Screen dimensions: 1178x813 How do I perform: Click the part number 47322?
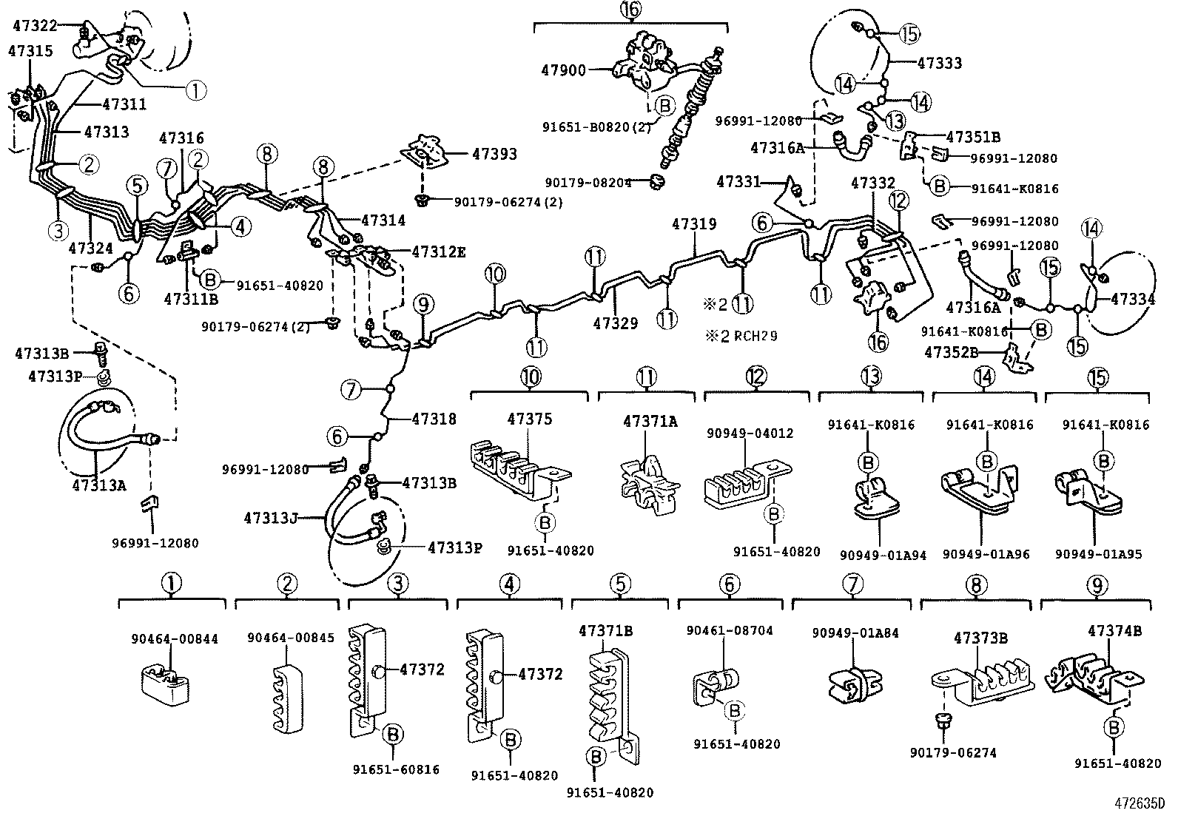point(35,25)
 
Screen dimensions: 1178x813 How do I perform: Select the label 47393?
point(494,154)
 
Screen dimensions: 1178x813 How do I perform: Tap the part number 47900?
point(564,70)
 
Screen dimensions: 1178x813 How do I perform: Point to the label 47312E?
point(439,252)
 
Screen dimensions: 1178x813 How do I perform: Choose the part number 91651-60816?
point(396,769)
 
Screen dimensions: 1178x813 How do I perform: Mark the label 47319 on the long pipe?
point(694,224)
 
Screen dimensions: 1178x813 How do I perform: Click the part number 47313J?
point(271,518)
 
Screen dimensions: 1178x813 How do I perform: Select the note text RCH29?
point(755,336)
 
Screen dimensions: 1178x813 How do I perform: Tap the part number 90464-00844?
point(175,639)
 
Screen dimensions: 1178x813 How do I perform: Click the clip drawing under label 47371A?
point(650,485)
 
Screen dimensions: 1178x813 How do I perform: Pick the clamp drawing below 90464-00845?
point(288,698)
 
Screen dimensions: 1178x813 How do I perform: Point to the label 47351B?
point(974,138)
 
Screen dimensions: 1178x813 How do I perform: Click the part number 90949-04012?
point(750,433)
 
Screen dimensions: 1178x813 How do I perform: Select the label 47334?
point(1133,299)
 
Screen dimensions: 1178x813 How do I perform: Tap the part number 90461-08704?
point(730,630)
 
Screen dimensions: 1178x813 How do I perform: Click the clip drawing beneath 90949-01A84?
point(855,685)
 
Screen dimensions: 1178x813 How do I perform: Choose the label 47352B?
point(952,352)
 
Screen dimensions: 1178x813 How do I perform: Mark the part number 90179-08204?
point(588,183)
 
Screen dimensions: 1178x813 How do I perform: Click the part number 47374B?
point(1115,630)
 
